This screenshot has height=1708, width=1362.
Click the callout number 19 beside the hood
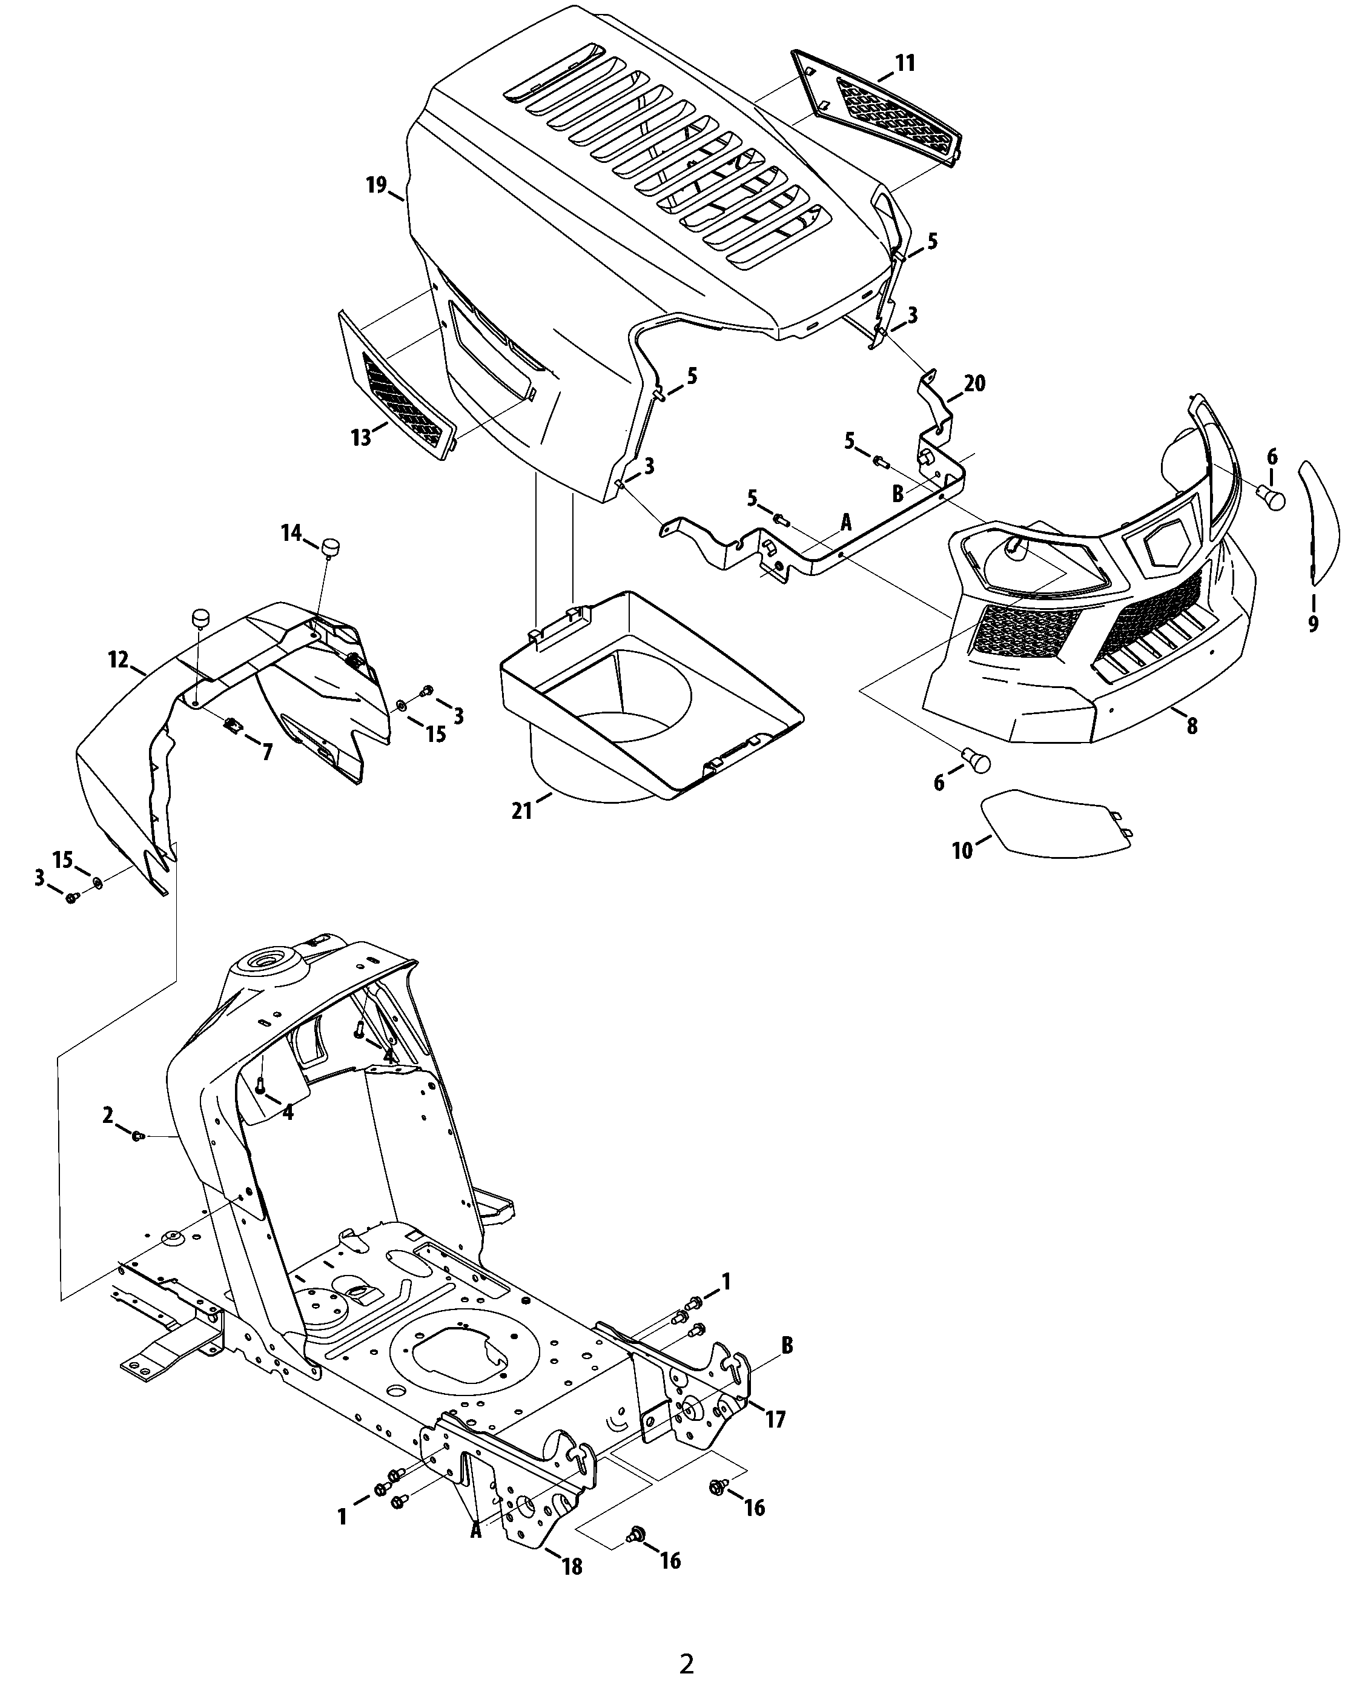[376, 185]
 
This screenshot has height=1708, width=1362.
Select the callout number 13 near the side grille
[362, 437]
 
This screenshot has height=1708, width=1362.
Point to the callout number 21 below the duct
[521, 810]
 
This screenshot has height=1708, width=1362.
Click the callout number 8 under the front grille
[1192, 726]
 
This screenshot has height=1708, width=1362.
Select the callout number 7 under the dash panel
[268, 752]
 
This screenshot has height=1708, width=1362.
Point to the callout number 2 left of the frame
[108, 1116]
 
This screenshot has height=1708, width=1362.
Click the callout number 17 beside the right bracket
[775, 1419]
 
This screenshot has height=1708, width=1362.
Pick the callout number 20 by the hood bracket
[974, 383]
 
